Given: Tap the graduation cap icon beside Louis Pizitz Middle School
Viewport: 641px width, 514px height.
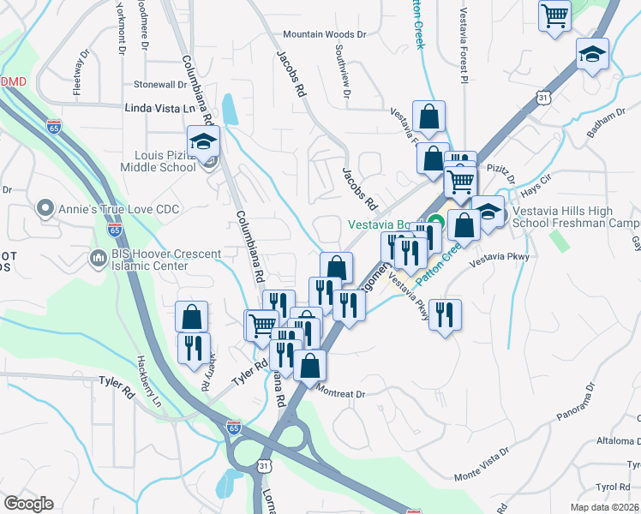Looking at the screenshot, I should pyautogui.click(x=204, y=142).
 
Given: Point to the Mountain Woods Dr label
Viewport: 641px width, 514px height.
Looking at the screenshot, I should pyautogui.click(x=325, y=34).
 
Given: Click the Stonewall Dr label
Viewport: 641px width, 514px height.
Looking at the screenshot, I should pyautogui.click(x=159, y=85).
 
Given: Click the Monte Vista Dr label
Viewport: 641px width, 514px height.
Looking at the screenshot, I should pyautogui.click(x=482, y=463).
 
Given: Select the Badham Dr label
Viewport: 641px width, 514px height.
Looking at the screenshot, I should pyautogui.click(x=606, y=119).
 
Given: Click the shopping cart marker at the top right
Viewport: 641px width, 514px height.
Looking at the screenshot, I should pyautogui.click(x=555, y=15).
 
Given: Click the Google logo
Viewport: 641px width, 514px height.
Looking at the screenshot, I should pyautogui.click(x=28, y=504).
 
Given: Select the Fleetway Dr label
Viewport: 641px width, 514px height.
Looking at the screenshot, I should pyautogui.click(x=79, y=71).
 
